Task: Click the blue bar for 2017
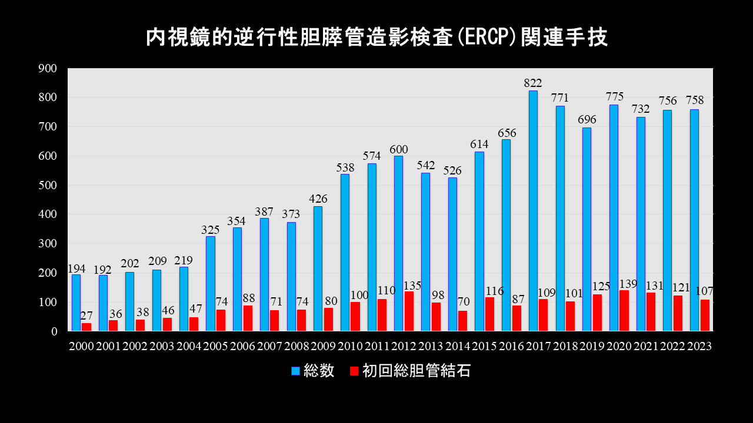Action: pos(533,211)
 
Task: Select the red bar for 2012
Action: pos(409,311)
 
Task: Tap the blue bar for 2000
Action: pos(76,303)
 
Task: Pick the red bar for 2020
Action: pos(624,311)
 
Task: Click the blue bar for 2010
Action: pos(345,253)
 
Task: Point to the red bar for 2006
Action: pos(248,318)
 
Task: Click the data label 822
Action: pos(533,83)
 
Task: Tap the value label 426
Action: pos(318,199)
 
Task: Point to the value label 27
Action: pos(86,316)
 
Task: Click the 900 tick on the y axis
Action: pos(48,68)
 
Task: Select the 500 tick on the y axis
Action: pos(48,185)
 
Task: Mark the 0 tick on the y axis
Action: pos(54,331)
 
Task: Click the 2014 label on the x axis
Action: pos(457,347)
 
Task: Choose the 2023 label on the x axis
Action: pos(699,347)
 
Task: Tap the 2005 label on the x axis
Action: pos(215,347)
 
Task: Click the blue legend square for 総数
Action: pos(296,371)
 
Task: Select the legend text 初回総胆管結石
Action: pos(416,371)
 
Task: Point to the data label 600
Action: pos(398,149)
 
